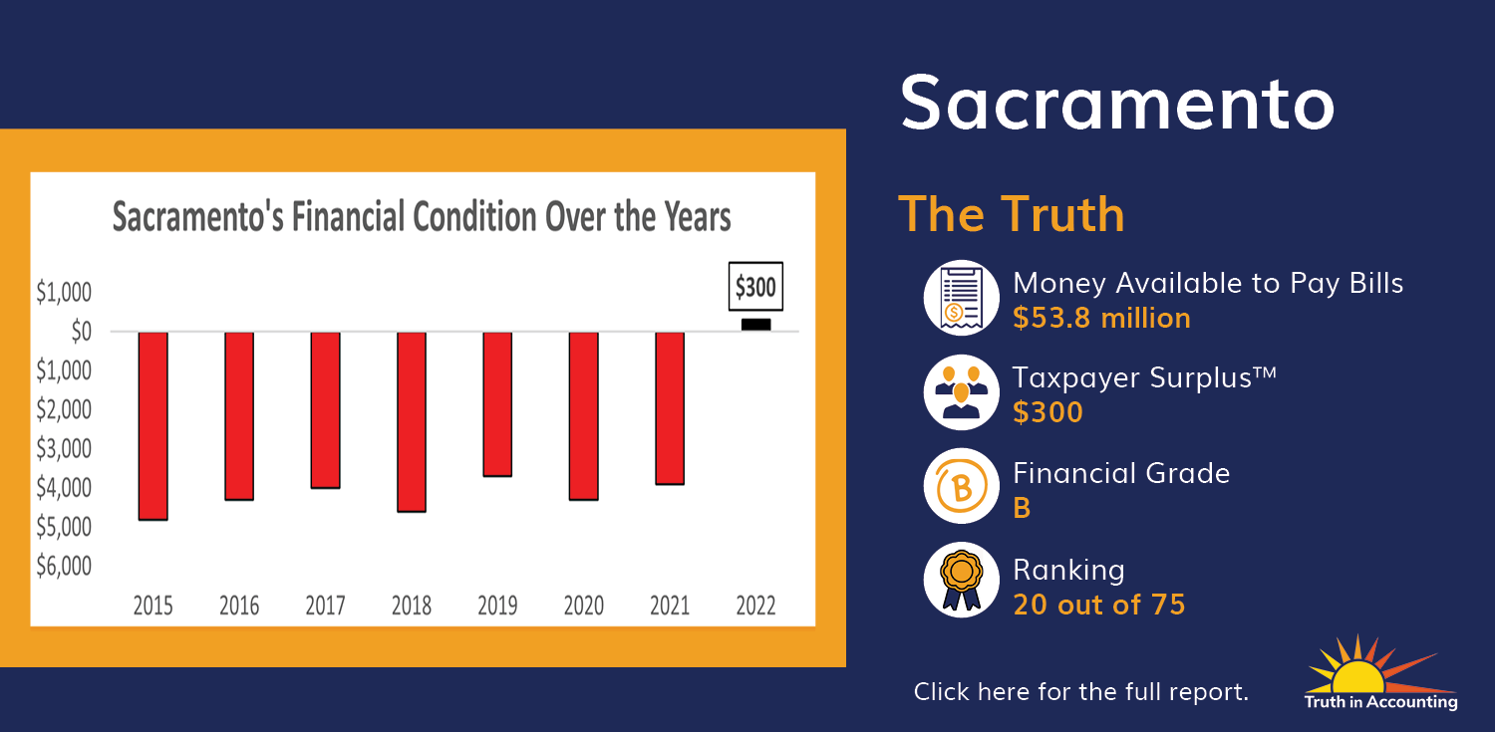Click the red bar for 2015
152,425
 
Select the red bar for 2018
411,421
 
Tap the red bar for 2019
497,404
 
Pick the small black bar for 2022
756,325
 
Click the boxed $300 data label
755,287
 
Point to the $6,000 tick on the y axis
64,566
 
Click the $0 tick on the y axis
81,331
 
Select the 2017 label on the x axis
325,606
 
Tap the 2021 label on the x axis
670,606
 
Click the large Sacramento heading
1117,104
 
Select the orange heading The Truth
1012,214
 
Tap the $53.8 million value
1101,318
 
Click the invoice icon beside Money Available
961,298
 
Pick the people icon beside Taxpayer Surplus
961,392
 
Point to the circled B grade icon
961,486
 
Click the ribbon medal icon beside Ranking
961,580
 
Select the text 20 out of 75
1098,605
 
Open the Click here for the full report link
1080,692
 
